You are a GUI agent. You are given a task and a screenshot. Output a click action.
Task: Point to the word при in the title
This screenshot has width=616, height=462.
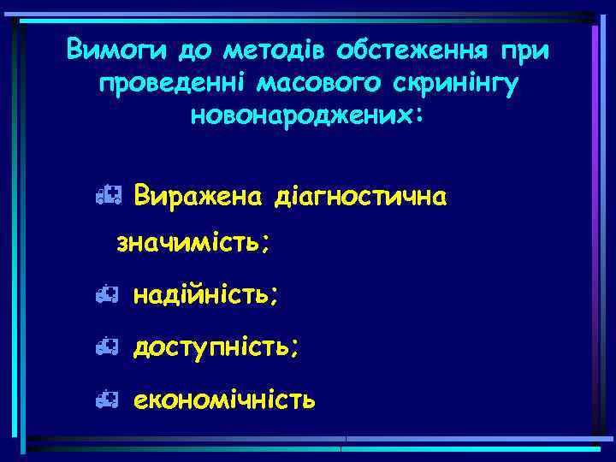522,50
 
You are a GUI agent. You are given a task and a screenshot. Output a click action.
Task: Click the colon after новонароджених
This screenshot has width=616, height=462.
418,116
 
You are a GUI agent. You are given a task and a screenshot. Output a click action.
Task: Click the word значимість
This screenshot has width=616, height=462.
189,244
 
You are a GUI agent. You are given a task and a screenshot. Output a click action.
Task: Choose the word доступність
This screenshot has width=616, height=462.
216,346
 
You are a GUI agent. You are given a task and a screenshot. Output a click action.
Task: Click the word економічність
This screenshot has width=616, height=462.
224,398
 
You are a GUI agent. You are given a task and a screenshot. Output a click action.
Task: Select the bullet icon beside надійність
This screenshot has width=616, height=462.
106,295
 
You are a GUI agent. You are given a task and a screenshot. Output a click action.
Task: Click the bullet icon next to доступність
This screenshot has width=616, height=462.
106,346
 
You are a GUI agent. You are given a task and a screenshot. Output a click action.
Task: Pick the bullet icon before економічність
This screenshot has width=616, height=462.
106,398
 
